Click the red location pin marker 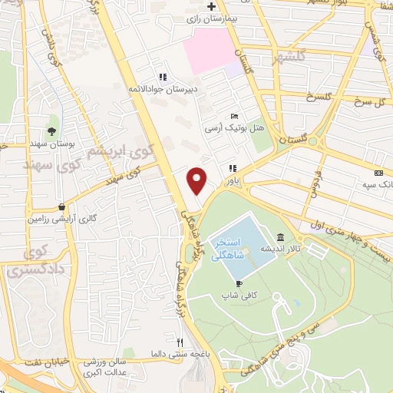[197, 180]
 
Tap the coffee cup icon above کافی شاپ [227, 282]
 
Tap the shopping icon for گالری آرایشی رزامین [61, 206]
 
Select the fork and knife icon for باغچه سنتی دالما [180, 342]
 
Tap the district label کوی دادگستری [31, 262]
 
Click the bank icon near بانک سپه [378, 173]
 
